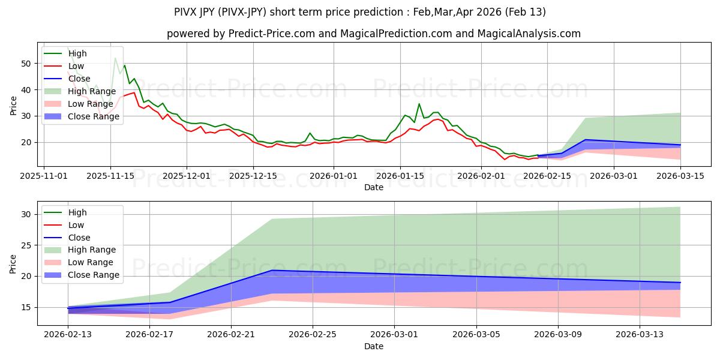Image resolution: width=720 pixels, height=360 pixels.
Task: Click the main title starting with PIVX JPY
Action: (360, 12)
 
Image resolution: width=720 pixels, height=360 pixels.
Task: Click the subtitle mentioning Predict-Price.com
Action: (373, 34)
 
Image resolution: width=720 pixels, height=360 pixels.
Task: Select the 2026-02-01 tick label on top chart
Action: (481, 176)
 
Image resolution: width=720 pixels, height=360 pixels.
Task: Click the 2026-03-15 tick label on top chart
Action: (680, 176)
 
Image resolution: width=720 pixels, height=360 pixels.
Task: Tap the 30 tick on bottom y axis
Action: (27, 214)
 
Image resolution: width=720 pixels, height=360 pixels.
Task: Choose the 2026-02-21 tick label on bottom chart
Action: (231, 334)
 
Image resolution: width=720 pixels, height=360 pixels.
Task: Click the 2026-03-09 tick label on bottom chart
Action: (558, 334)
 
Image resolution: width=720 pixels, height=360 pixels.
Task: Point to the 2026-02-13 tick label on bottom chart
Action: (68, 334)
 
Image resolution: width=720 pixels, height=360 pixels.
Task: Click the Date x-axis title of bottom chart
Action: (373, 346)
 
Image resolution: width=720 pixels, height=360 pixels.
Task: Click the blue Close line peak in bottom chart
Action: (272, 270)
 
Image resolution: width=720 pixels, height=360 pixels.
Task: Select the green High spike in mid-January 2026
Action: (419, 104)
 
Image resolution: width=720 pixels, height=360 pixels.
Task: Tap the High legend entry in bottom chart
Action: (77, 212)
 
